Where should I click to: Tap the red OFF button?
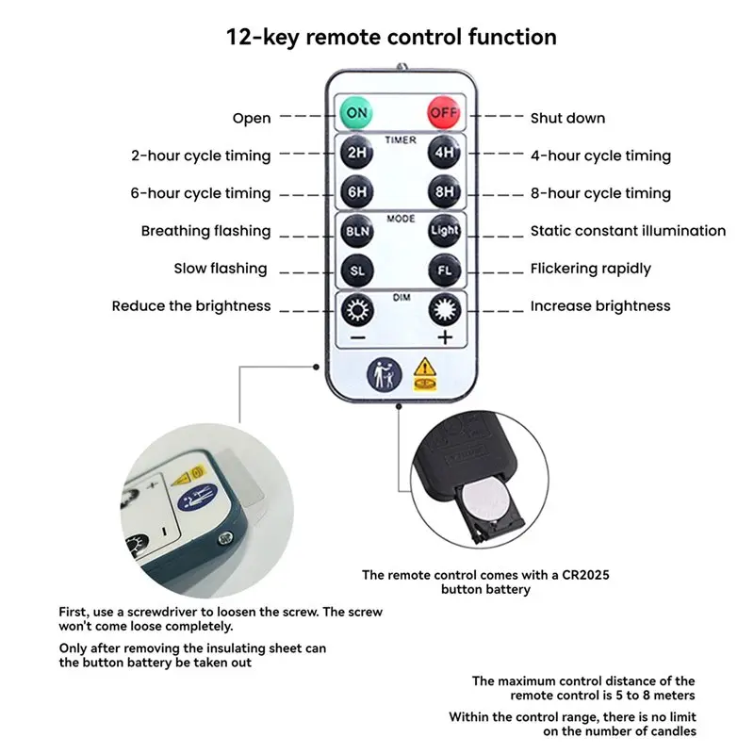444,112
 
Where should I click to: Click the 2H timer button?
357,153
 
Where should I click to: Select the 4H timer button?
444,153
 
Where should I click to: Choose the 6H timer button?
357,192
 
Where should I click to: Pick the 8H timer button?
444,192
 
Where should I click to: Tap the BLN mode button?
357,231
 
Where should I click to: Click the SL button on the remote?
357,270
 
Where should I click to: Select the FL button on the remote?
444,270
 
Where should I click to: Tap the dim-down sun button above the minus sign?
357,310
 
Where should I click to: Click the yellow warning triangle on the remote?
425,368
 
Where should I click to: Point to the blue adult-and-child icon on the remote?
385,374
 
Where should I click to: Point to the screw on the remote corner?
225,538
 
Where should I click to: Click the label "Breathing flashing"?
205,231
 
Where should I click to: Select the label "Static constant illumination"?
628,231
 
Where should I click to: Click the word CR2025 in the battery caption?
585,575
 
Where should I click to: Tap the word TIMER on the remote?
401,139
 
